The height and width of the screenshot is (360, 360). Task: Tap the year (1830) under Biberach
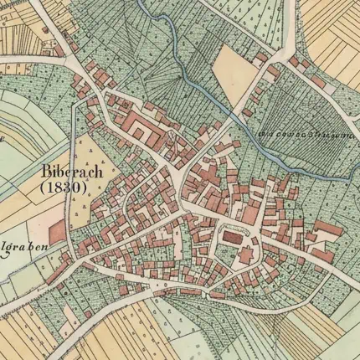(63, 188)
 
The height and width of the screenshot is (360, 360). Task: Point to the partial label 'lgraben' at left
(20, 249)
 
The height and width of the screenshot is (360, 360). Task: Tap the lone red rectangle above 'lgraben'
(56, 232)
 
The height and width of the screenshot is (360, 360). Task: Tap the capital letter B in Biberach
(44, 172)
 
